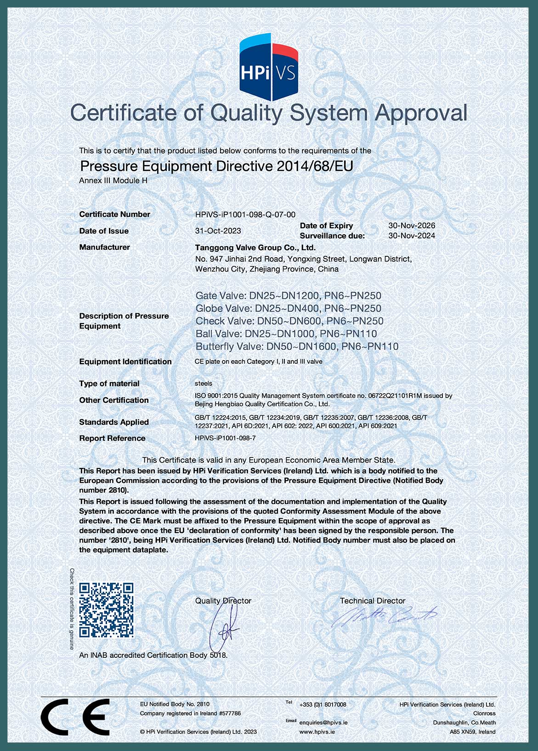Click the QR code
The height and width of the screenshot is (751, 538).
(106, 610)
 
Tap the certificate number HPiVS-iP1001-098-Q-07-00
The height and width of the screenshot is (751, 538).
(245, 215)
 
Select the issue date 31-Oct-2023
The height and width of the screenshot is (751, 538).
(218, 231)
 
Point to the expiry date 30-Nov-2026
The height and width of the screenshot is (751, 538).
(412, 226)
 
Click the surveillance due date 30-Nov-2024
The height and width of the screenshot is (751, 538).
(412, 236)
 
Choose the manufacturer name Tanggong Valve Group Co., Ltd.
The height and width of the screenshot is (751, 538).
(255, 248)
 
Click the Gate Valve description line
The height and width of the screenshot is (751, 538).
(288, 296)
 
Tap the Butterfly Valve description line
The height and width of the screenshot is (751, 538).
(297, 346)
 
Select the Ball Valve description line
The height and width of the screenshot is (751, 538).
(286, 334)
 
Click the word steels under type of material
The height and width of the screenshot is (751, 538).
(204, 383)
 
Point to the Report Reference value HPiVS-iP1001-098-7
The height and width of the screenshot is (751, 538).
(225, 438)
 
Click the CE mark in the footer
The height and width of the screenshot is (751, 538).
(75, 717)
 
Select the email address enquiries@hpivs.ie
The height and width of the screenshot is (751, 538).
(323, 723)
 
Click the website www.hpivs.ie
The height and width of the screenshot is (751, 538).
(317, 732)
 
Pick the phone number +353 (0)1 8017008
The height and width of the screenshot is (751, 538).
(323, 705)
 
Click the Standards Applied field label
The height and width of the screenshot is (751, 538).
(114, 422)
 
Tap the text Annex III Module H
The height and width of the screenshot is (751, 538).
(113, 181)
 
